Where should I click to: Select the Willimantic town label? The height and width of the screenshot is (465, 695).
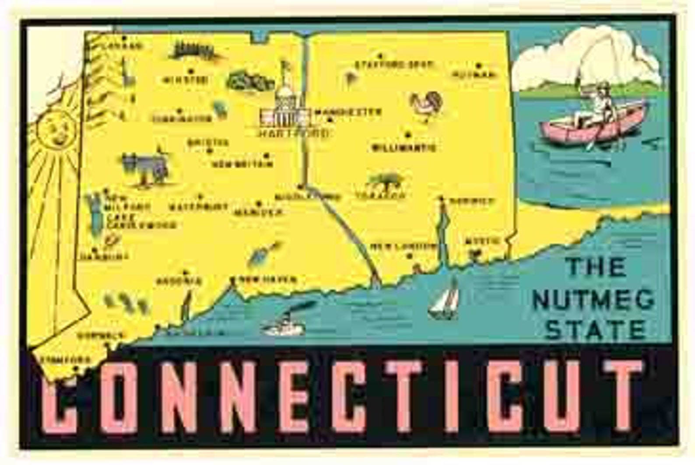point(404,148)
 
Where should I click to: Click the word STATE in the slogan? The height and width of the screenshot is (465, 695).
point(597,330)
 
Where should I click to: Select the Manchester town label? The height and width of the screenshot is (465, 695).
point(348,112)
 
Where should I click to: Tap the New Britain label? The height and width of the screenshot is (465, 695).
point(242,164)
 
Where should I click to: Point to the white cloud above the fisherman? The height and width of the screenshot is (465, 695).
point(586,57)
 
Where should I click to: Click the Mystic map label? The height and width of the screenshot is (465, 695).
point(481,241)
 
